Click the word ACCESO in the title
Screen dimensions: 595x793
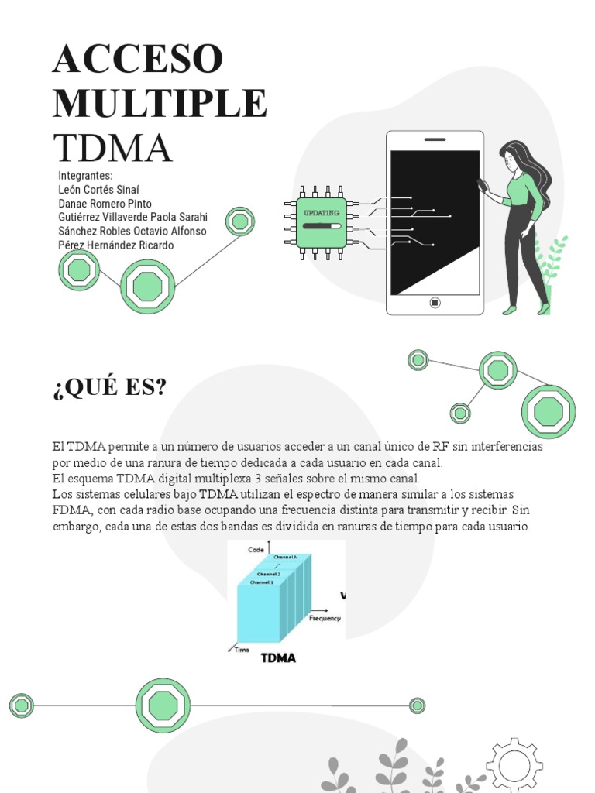point(138,60)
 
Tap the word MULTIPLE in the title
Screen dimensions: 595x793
point(160,104)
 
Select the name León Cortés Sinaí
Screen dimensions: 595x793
point(99,189)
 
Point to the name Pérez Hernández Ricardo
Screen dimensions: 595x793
point(116,245)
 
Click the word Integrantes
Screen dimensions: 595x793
point(86,175)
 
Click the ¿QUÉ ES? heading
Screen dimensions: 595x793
point(109,386)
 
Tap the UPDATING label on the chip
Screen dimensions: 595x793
point(321,212)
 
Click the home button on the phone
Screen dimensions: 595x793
point(435,303)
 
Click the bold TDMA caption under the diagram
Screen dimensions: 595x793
point(278,659)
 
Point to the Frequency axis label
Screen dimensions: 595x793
point(325,619)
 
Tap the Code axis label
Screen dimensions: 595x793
point(256,549)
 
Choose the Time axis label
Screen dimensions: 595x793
point(242,650)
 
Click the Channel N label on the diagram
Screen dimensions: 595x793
point(286,557)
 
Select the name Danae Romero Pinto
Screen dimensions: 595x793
point(105,203)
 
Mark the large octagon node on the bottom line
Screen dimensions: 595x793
point(163,705)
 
